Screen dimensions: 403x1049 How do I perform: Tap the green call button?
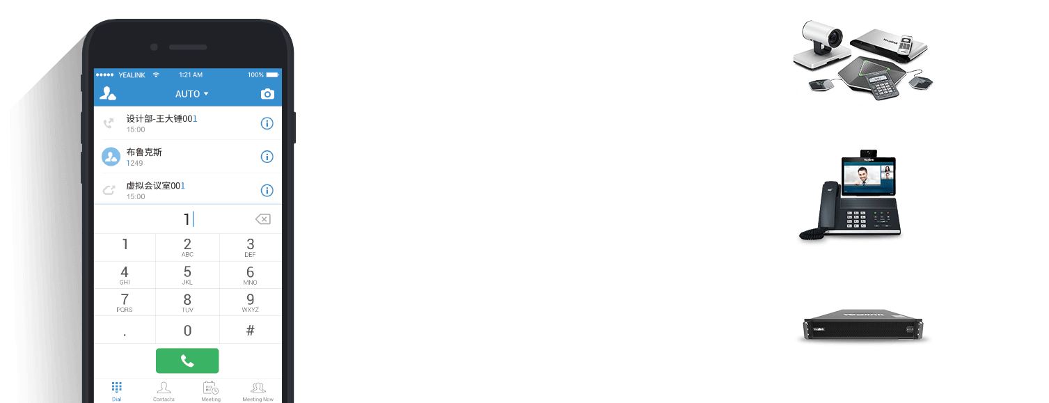[187, 361]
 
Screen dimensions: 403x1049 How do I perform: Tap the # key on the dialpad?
[251, 331]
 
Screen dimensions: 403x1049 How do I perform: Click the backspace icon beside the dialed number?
[262, 219]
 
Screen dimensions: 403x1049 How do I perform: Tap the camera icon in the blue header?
[267, 94]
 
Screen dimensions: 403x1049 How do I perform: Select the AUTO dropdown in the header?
[191, 94]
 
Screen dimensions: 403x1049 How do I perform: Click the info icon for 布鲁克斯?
[267, 157]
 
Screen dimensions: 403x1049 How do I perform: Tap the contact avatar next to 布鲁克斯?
[111, 157]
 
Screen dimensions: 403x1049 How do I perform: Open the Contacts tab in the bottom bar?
[164, 391]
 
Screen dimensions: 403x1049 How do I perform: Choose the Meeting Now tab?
[258, 391]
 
